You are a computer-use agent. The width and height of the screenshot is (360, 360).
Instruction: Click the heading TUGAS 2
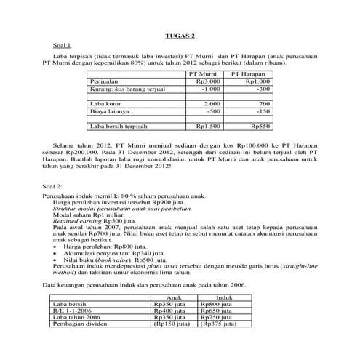tap(180, 36)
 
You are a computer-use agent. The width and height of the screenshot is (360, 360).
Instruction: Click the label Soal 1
tap(52, 46)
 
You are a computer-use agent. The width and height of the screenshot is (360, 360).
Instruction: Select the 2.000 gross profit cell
tap(211, 104)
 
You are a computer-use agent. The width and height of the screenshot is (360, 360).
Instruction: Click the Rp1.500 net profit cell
tap(209, 127)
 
